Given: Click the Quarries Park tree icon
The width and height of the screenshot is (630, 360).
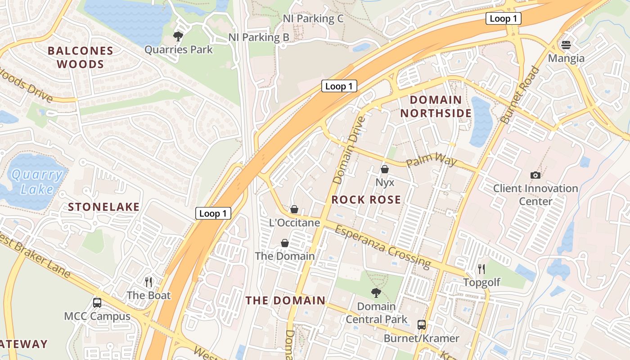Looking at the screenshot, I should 178,36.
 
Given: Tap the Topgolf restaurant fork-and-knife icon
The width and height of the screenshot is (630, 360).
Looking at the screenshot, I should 481,269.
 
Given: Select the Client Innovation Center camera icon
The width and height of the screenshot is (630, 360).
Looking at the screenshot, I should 535,175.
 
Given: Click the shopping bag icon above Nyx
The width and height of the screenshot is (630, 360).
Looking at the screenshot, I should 385,169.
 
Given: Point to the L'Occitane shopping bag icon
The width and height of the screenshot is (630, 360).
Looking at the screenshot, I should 294,209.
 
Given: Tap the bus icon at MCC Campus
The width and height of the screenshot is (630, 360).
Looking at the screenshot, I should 97,302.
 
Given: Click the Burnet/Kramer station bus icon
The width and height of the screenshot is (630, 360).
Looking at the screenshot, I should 422,324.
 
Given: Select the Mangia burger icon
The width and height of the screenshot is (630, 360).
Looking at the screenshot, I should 566,45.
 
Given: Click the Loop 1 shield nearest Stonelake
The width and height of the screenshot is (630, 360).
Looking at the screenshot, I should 213,213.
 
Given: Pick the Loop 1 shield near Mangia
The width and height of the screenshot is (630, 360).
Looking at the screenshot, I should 503,18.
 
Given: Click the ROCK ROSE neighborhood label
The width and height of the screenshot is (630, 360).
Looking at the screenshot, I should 366,200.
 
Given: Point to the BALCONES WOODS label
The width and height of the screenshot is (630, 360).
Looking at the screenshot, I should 81,57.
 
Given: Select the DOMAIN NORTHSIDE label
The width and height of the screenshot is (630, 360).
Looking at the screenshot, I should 436,106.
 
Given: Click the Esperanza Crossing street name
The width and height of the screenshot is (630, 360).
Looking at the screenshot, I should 382,246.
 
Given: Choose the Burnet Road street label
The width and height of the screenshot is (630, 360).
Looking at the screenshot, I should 520,95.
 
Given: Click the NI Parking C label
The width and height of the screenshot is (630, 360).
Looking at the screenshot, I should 313,18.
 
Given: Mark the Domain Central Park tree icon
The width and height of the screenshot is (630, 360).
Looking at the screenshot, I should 376,293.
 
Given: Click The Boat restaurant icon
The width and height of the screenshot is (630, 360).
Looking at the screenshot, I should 148,282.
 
